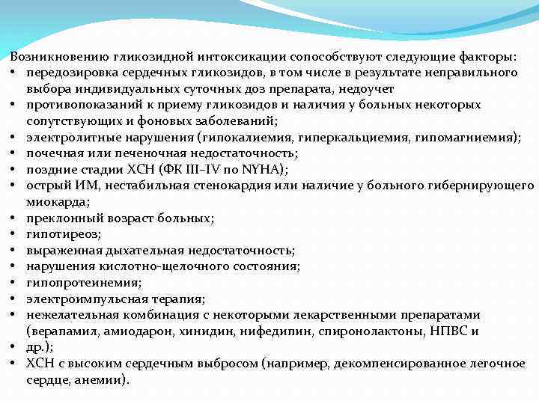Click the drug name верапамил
point(57,331)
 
